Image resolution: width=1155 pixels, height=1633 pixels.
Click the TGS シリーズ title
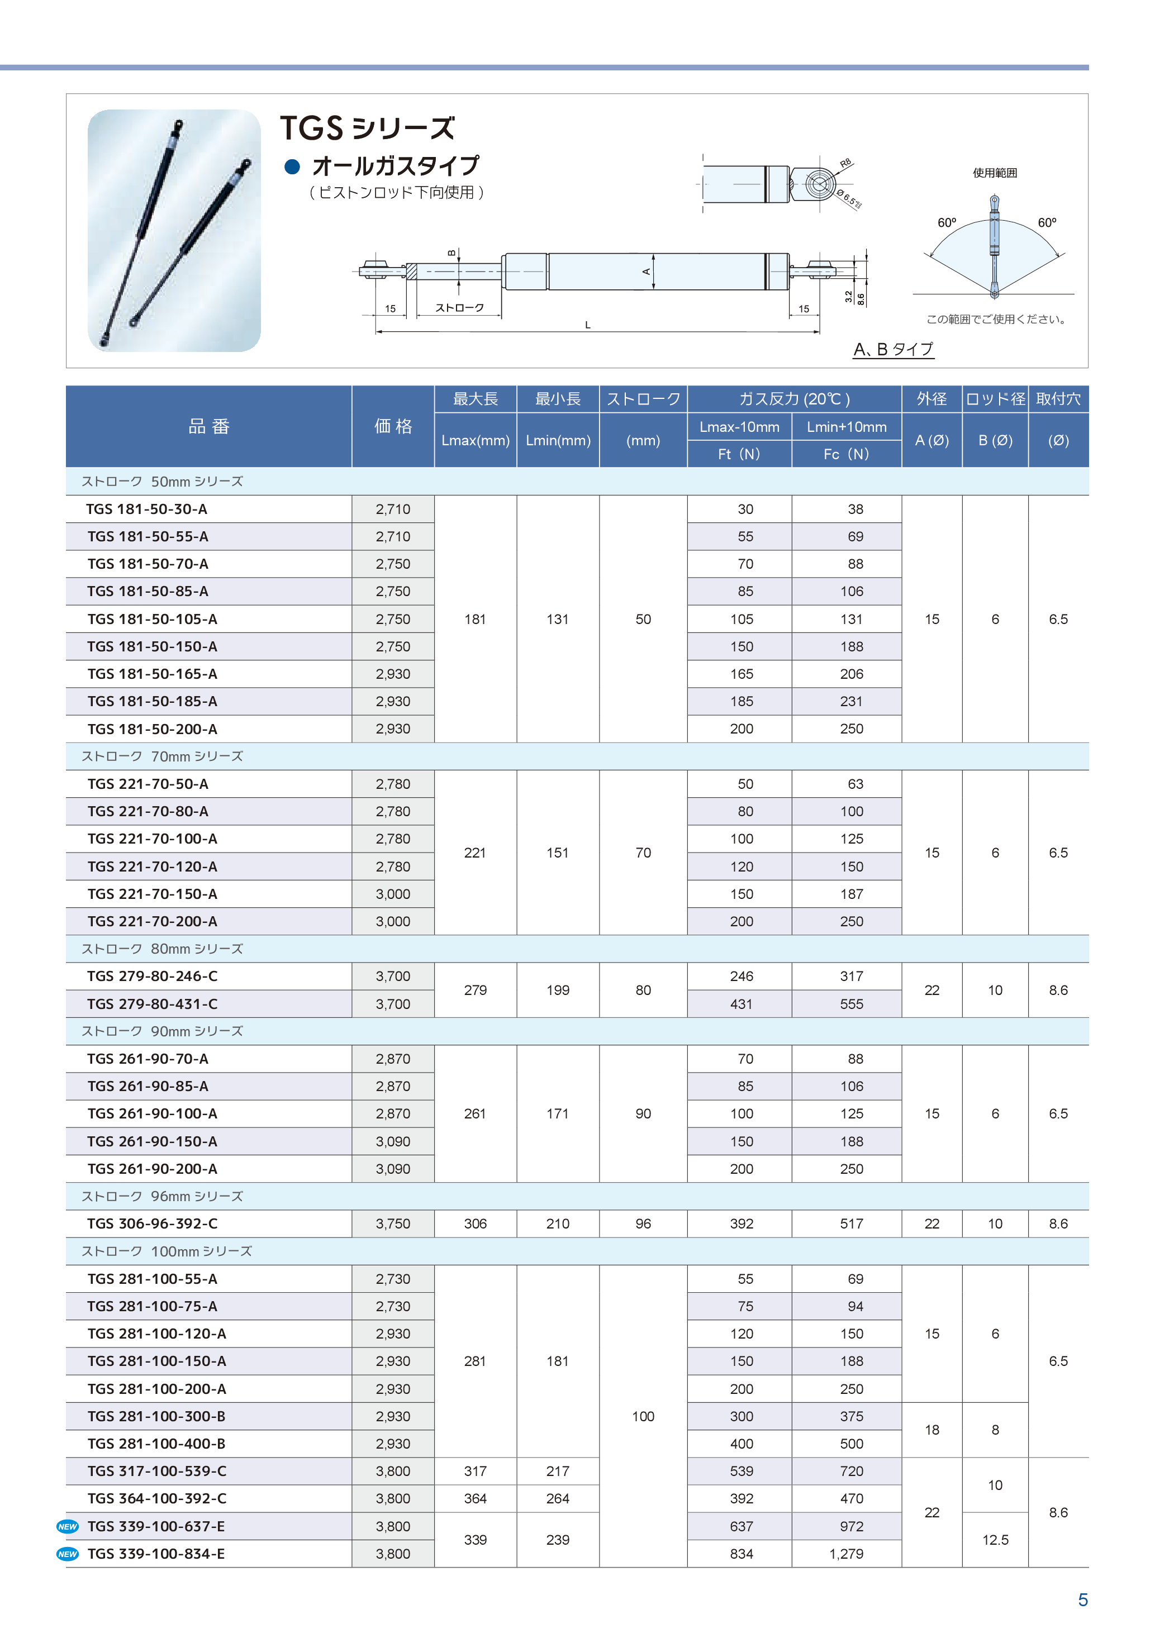tap(367, 128)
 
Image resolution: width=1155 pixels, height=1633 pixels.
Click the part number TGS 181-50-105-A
tap(152, 619)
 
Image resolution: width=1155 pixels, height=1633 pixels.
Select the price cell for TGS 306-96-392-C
tap(393, 1223)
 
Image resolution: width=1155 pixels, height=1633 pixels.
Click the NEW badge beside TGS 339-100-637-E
tap(68, 1526)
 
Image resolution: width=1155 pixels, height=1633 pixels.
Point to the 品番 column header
tap(208, 426)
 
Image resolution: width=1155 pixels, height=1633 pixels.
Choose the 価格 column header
tap(393, 426)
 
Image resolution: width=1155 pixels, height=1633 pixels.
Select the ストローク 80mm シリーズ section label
tap(162, 949)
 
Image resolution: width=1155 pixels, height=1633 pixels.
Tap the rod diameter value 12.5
tap(995, 1540)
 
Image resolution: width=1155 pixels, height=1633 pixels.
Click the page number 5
tap(1082, 1599)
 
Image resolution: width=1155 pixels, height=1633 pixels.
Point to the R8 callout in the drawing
tap(845, 164)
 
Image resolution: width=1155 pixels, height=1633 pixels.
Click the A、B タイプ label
tap(893, 349)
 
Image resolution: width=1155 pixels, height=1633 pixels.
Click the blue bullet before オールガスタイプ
tap(292, 167)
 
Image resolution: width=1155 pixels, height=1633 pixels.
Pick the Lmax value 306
tap(475, 1223)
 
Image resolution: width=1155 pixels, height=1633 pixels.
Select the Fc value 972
tap(852, 1526)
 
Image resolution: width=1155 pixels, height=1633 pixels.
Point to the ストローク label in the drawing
tap(459, 308)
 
